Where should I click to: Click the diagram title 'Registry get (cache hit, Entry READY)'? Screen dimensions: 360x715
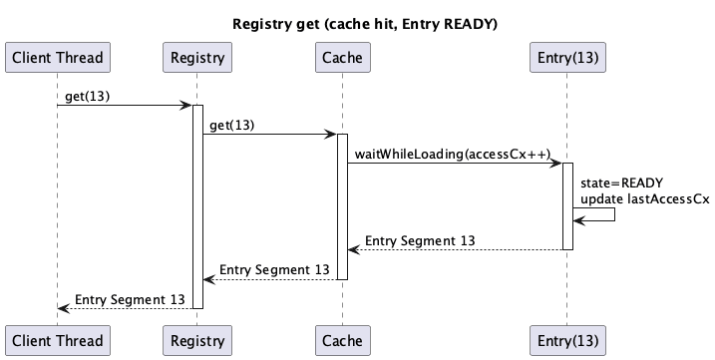[357, 22]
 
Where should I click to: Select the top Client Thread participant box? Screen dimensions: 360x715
[56, 58]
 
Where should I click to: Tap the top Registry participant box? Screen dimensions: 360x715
[196, 58]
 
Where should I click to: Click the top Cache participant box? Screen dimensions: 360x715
[341, 58]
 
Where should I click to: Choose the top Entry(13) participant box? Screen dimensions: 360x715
[566, 58]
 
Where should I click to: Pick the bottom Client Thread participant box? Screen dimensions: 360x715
[56, 339]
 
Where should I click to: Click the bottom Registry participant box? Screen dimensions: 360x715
[196, 339]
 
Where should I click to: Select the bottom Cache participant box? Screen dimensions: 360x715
[341, 339]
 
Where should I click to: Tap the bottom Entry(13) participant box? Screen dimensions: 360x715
[566, 339]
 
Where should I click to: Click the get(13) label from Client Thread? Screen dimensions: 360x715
[88, 96]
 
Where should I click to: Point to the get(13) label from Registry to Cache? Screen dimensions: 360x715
[231, 125]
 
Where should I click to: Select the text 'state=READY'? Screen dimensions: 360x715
[621, 182]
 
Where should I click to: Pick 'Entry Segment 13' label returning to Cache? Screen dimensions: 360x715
[420, 240]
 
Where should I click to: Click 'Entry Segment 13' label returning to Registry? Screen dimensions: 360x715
[274, 269]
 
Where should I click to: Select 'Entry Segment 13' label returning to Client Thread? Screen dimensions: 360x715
[130, 298]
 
